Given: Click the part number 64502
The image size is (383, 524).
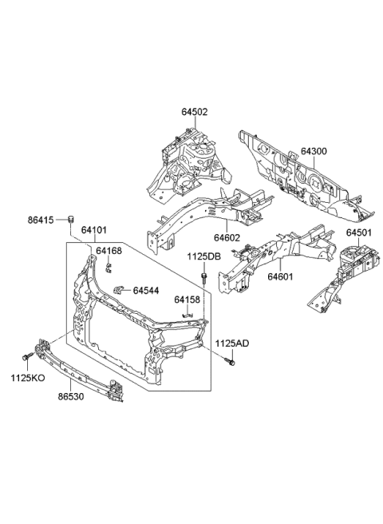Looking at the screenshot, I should pyautogui.click(x=194, y=113).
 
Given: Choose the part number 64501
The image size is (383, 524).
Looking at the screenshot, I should pyautogui.click(x=360, y=232).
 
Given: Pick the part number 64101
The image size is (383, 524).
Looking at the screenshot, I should pyautogui.click(x=95, y=230).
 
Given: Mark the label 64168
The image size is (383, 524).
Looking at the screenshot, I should pyautogui.click(x=109, y=251).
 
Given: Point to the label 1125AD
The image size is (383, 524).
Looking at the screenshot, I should pyautogui.click(x=232, y=343).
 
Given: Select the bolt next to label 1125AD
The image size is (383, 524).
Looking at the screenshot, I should pyautogui.click(x=231, y=363).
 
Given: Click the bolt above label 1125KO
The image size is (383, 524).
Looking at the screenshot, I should pyautogui.click(x=29, y=357).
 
